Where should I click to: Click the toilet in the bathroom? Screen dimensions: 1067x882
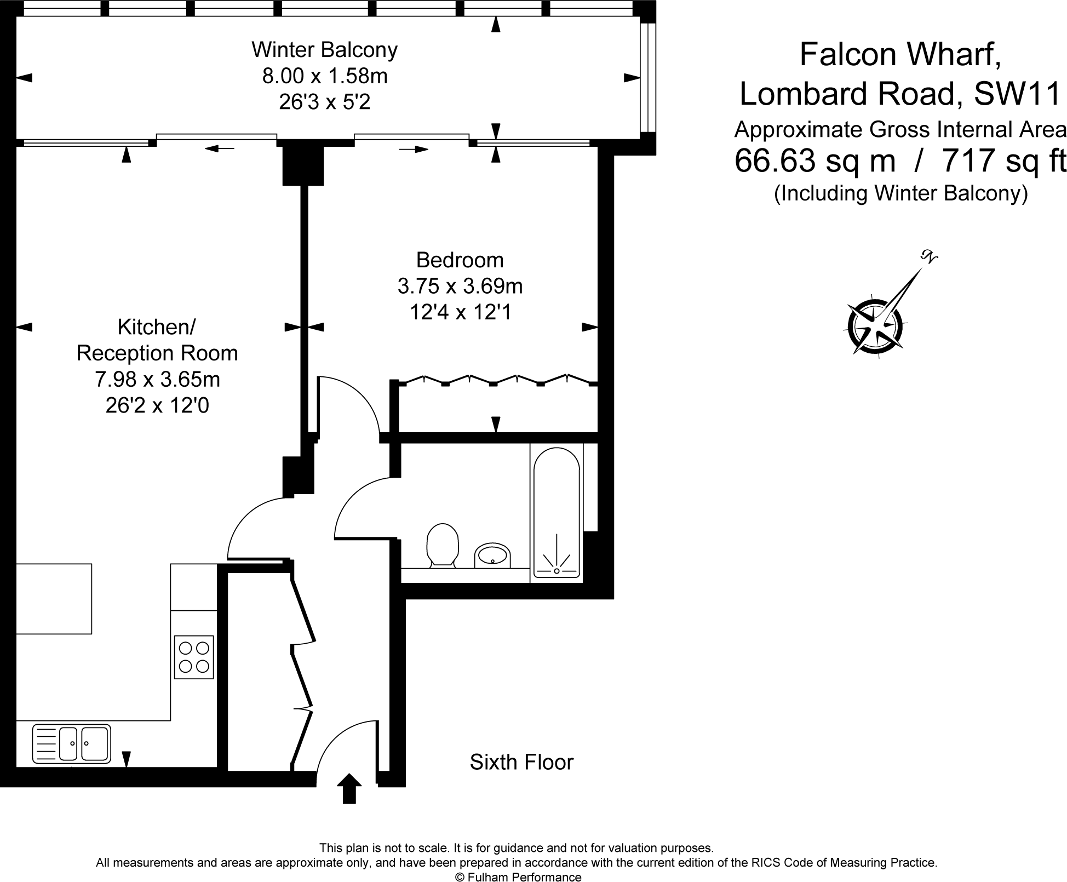tap(442, 545)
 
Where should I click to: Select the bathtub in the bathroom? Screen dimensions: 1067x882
tap(557, 512)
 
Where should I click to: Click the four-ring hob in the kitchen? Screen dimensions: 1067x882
tap(194, 657)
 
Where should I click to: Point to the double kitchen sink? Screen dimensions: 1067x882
tap(72, 743)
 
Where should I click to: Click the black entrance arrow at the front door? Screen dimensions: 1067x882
tap(349, 788)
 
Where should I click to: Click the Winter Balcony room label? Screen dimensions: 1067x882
tap(325, 50)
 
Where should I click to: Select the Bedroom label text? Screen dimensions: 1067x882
tap(460, 260)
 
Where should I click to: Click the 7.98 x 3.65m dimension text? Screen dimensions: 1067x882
tap(158, 379)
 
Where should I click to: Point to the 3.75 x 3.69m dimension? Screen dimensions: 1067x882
tap(460, 286)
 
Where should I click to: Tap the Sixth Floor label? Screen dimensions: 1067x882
tap(521, 762)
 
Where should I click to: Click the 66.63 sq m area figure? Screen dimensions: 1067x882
tap(815, 161)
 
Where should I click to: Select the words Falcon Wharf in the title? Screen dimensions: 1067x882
tap(900, 55)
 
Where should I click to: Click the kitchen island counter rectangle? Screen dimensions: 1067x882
tap(54, 599)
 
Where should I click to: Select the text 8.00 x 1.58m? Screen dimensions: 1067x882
tap(325, 76)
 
